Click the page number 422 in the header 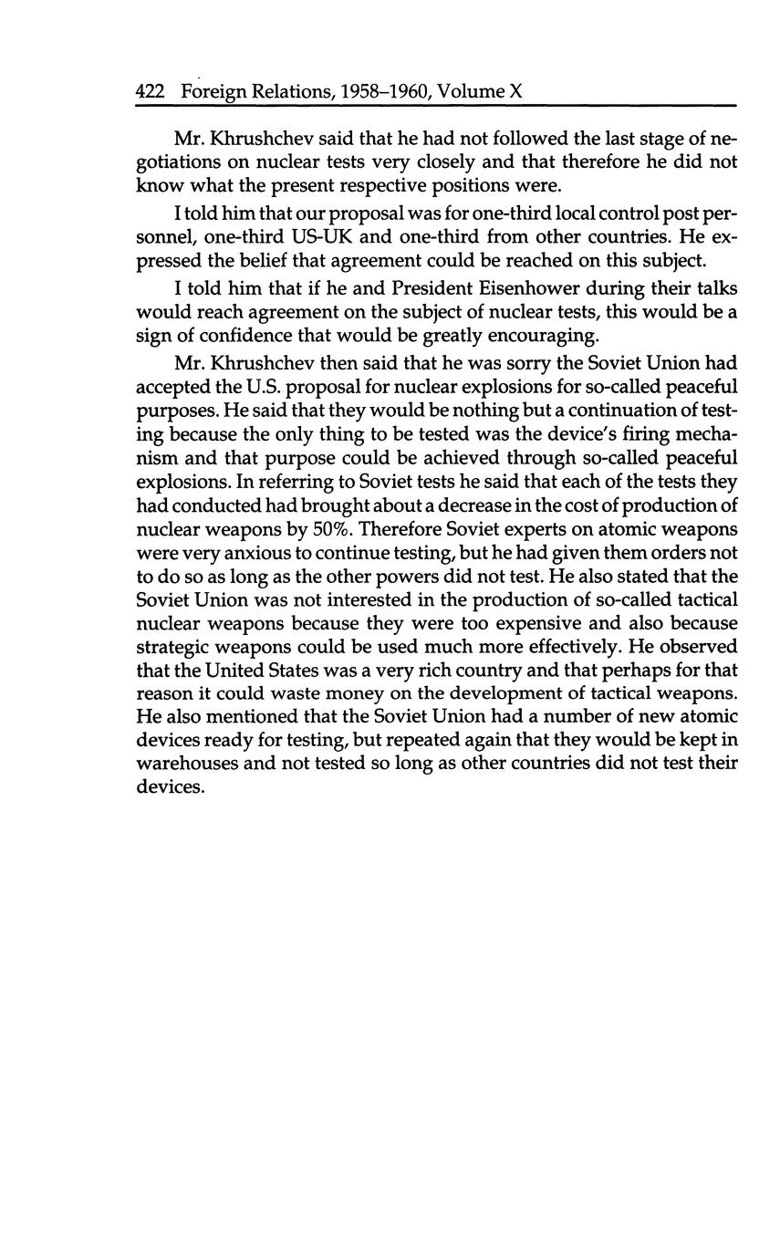pos(149,91)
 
